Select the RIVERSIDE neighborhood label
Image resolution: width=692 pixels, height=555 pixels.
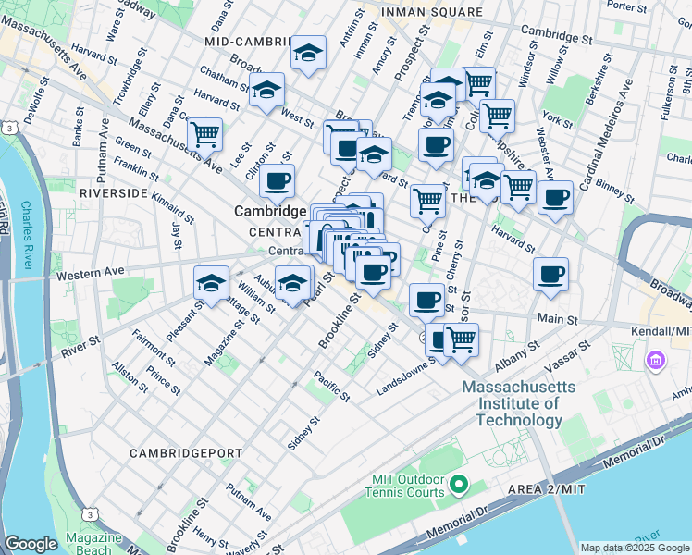click(114, 192)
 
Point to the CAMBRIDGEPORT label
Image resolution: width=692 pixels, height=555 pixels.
click(185, 452)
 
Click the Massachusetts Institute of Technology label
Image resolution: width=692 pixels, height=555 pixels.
click(518, 403)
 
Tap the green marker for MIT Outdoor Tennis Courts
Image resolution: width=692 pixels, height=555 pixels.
click(460, 484)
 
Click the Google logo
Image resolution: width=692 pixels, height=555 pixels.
click(31, 544)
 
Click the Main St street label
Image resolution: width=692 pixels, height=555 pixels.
click(558, 319)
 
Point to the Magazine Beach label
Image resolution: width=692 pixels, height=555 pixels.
click(93, 544)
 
